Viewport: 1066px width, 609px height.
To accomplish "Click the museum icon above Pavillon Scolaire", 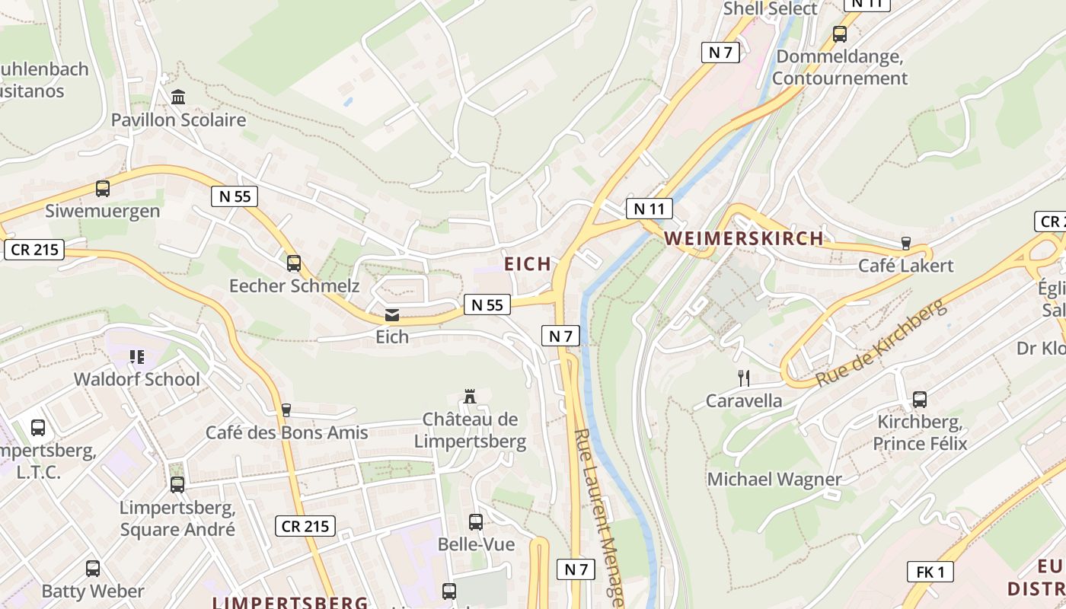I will coord(179,97).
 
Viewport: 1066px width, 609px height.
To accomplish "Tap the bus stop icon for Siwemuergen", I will coord(103,189).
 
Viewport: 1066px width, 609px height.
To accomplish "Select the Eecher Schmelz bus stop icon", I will coord(294,263).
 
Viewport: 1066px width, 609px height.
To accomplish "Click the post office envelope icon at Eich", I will coord(392,315).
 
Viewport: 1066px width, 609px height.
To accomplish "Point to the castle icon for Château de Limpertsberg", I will coord(470,397).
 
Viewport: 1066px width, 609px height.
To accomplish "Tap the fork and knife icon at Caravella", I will coord(744,378).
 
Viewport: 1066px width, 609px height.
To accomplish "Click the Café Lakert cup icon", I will coord(905,244).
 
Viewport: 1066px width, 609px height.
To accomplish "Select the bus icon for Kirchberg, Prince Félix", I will coord(920,399).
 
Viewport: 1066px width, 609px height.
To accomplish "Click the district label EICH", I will coord(528,264).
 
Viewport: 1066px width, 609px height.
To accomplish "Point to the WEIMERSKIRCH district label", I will coord(744,238).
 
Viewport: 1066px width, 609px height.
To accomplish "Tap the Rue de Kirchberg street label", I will coord(881,343).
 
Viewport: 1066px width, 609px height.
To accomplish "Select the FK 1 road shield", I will coord(930,572).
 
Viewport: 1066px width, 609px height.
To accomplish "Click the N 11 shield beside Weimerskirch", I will coord(649,209).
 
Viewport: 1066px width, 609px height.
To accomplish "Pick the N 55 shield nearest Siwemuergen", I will coord(235,196).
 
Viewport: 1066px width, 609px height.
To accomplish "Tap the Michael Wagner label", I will coord(774,480).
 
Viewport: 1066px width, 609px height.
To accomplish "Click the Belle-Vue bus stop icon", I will coord(476,522).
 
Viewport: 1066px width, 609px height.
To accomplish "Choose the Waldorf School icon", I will coord(137,356).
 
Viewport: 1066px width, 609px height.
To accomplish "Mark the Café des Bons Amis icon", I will coord(286,410).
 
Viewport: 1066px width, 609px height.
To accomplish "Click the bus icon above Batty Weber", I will coord(93,568).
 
